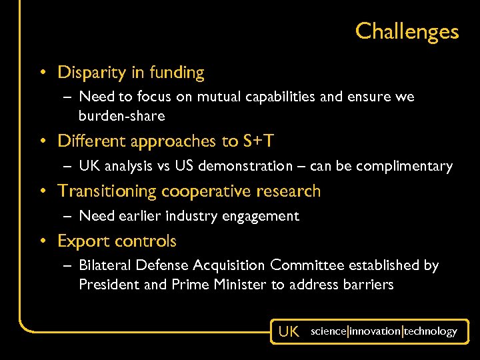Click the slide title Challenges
pyautogui.click(x=407, y=31)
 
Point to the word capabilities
pyautogui.click(x=275, y=97)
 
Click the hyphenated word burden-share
pyautogui.click(x=121, y=115)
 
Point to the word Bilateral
pyautogui.click(x=105, y=265)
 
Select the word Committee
pyautogui.click(x=306, y=265)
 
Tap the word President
pyautogui.click(x=107, y=285)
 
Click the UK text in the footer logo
pyautogui.click(x=289, y=331)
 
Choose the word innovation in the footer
pyautogui.click(x=375, y=331)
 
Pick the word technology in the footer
pyautogui.click(x=431, y=331)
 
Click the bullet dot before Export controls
pyautogui.click(x=42, y=241)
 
